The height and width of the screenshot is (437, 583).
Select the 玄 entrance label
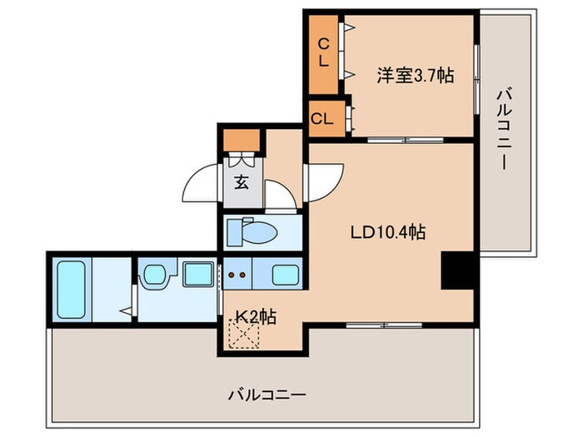241,181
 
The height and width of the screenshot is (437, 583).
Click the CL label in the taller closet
322,52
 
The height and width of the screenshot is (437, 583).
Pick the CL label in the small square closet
322,118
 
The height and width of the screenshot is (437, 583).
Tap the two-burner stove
236,274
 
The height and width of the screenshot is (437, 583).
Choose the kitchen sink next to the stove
284,274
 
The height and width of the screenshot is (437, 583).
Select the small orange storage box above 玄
242,141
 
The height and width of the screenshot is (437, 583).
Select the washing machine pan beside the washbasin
198,274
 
